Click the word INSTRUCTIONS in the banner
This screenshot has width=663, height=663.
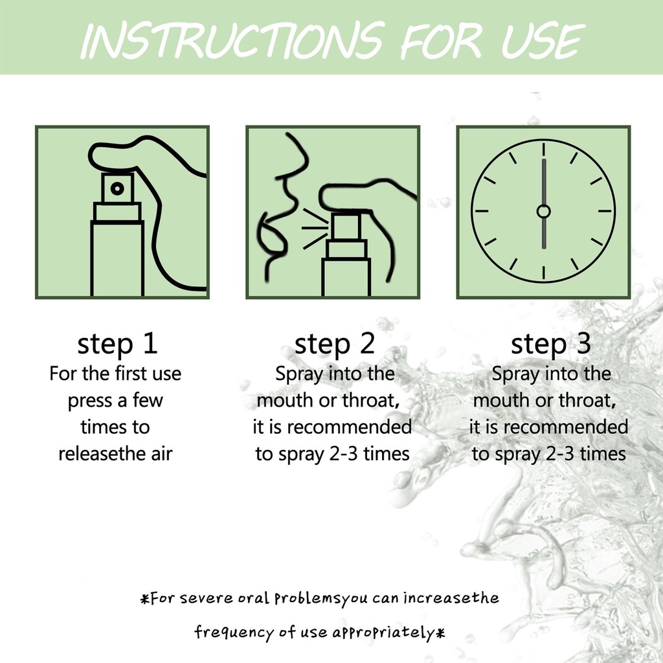pyautogui.click(x=233, y=40)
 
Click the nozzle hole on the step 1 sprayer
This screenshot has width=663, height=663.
pyautogui.click(x=118, y=188)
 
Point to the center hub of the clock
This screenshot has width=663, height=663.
pyautogui.click(x=543, y=211)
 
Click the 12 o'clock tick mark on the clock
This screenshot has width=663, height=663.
pyautogui.click(x=543, y=150)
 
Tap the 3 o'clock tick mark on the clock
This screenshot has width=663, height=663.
pyautogui.click(x=605, y=211)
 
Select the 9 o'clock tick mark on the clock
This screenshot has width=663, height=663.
pyautogui.click(x=482, y=211)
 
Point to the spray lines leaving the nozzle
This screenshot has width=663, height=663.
pyautogui.click(x=315, y=229)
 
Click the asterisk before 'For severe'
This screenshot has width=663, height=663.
pyautogui.click(x=145, y=599)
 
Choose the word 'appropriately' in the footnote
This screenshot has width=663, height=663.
pyautogui.click(x=383, y=633)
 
